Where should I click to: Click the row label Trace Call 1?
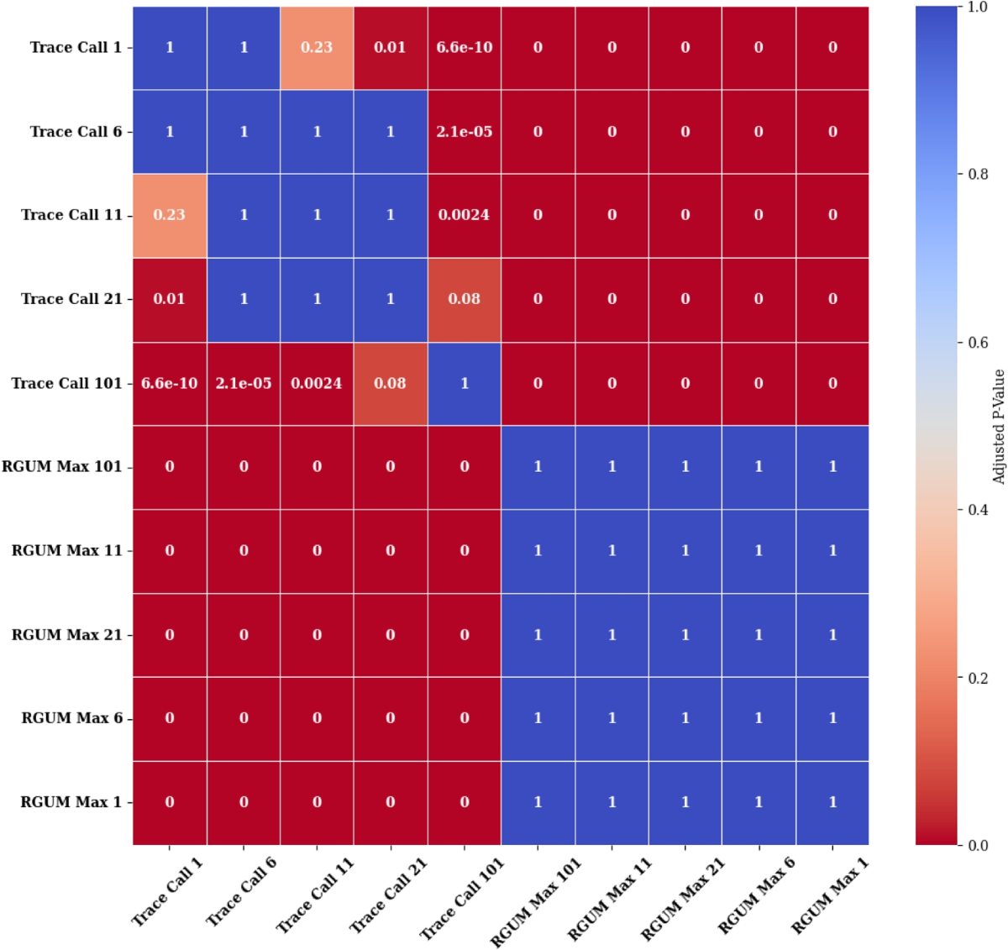[x=76, y=48]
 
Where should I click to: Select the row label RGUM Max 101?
[x=61, y=467]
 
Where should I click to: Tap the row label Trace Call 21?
[x=71, y=299]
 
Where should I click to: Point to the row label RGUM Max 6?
[x=71, y=718]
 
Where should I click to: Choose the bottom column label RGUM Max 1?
[x=830, y=895]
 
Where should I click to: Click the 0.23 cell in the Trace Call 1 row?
[x=317, y=48]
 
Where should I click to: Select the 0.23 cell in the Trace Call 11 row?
[x=170, y=215]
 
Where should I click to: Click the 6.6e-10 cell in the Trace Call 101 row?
[x=170, y=383]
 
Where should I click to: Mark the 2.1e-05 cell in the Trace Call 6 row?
[x=465, y=132]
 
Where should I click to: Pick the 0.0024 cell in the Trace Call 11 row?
[x=465, y=215]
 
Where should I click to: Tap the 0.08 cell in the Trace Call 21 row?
[x=465, y=299]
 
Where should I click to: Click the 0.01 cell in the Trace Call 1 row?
[x=391, y=48]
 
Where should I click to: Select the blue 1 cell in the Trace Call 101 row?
[x=465, y=383]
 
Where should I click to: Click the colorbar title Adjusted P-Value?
[x=999, y=426]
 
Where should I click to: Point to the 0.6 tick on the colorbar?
[x=977, y=343]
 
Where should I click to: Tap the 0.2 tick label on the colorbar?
[x=977, y=678]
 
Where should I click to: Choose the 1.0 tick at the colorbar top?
[x=977, y=8]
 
